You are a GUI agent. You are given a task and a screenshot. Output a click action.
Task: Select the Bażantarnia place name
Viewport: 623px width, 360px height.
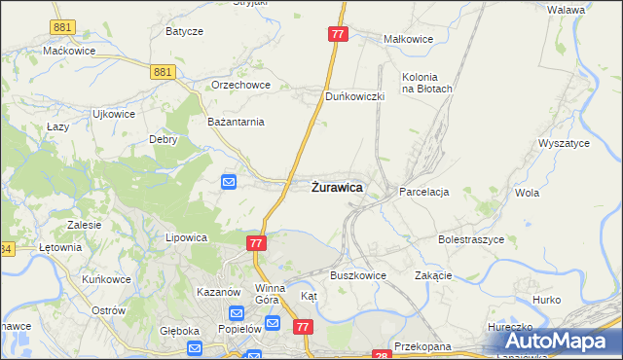237,123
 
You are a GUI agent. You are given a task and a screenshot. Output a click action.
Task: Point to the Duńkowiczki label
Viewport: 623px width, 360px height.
356,96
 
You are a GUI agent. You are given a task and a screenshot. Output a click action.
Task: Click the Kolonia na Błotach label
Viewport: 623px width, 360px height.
427,83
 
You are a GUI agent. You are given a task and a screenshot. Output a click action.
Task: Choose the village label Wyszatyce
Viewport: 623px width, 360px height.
565,143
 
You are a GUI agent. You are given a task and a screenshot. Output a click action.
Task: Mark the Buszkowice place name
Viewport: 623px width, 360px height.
358,275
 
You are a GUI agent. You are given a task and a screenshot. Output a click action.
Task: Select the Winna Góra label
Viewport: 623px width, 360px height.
270,294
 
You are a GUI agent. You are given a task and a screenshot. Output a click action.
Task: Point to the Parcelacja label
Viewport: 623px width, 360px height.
423,193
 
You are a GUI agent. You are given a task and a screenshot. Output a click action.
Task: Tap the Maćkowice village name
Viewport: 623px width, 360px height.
68,50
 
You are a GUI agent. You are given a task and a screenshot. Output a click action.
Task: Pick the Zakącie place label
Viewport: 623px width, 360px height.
434,275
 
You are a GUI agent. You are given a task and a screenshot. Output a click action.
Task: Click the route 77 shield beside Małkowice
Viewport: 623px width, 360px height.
338,34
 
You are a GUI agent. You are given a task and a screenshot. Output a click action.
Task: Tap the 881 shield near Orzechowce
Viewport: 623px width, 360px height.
164,71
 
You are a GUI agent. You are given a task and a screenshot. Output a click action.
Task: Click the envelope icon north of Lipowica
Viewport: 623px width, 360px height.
229,182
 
